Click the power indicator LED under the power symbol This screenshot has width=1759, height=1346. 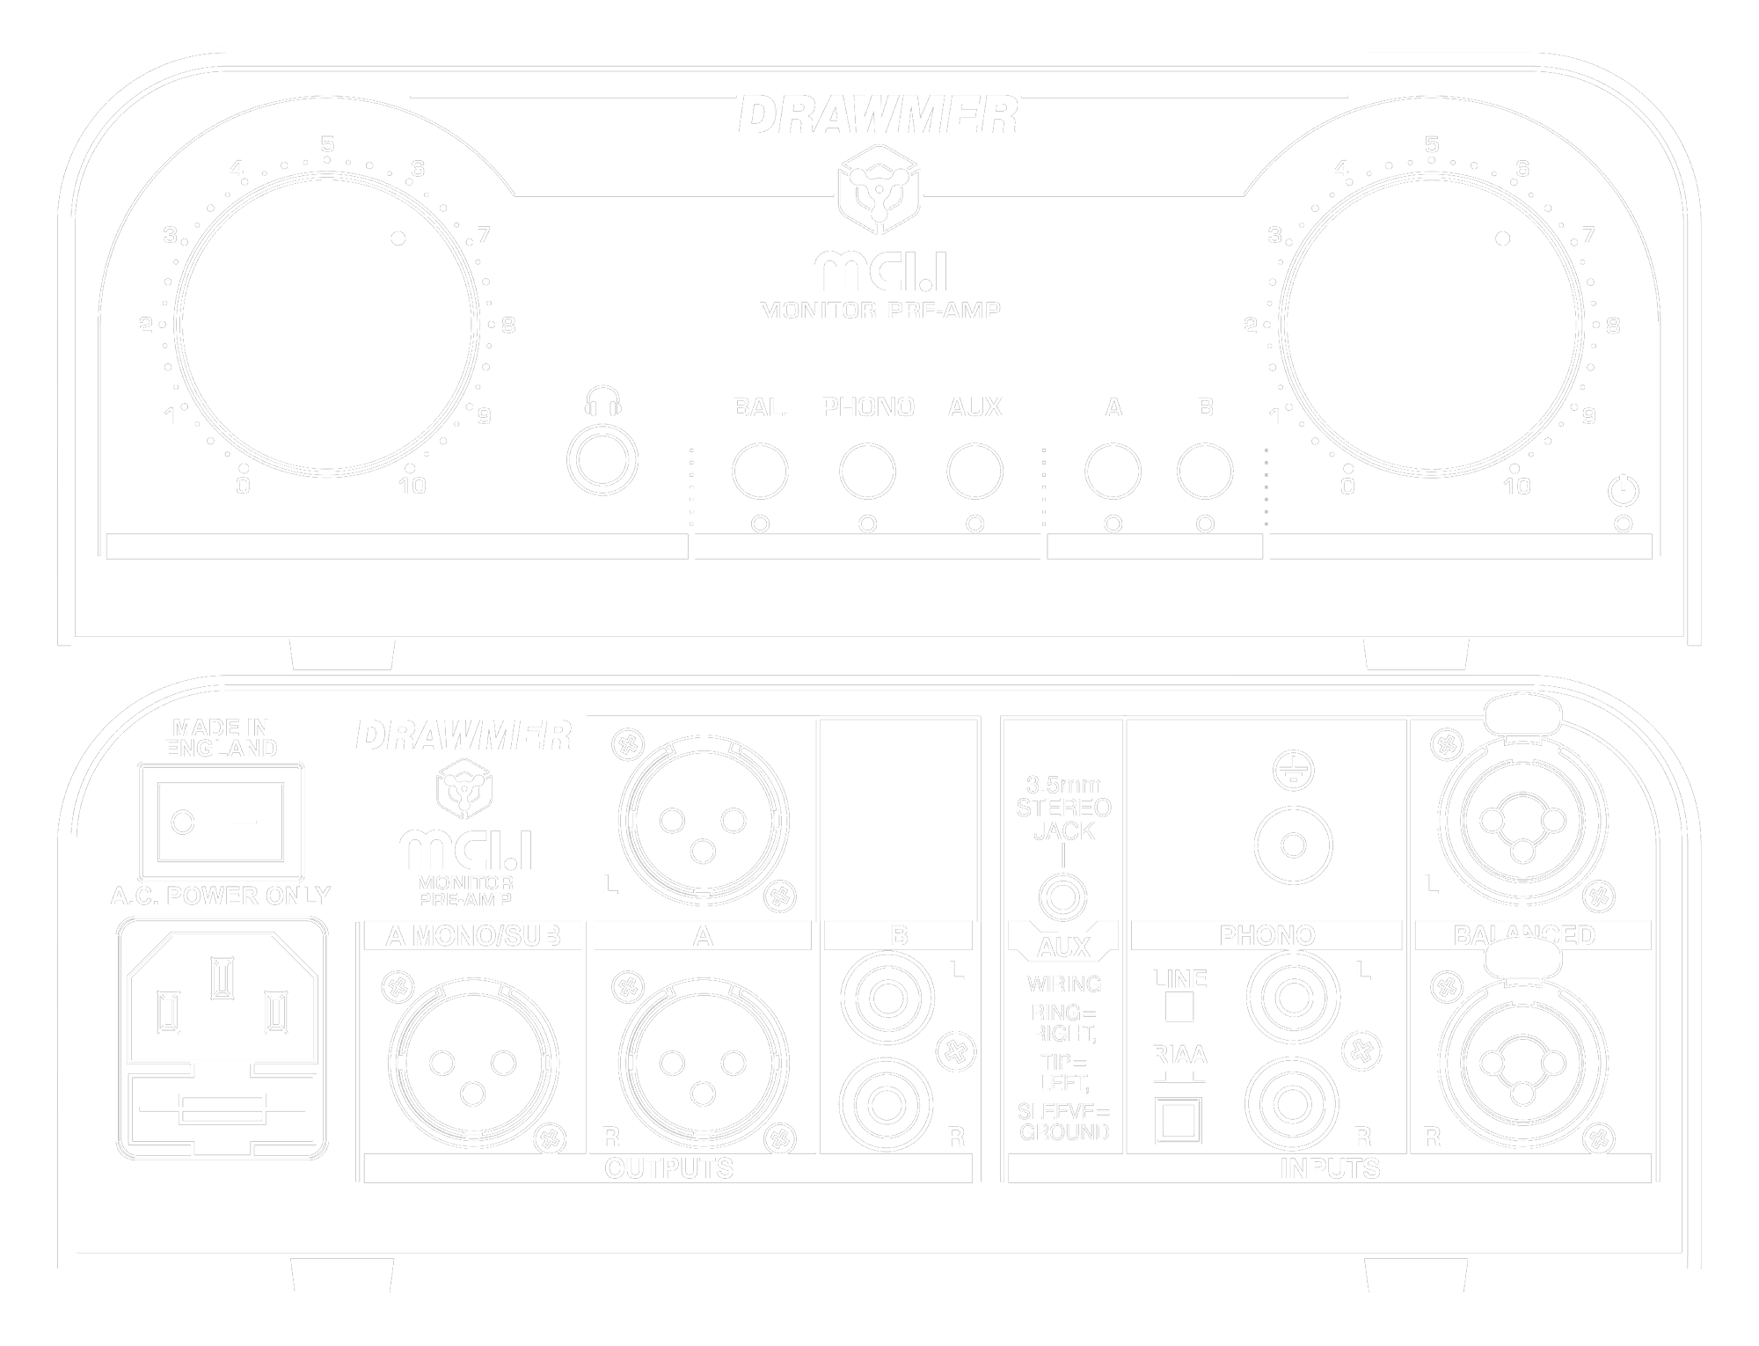click(1624, 523)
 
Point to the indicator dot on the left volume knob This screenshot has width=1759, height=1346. click(398, 238)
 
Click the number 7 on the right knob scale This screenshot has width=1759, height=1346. click(1588, 235)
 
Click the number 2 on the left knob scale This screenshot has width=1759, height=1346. click(145, 326)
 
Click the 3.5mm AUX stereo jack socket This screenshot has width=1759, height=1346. click(1062, 898)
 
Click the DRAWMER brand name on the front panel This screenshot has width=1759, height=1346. click(878, 115)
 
